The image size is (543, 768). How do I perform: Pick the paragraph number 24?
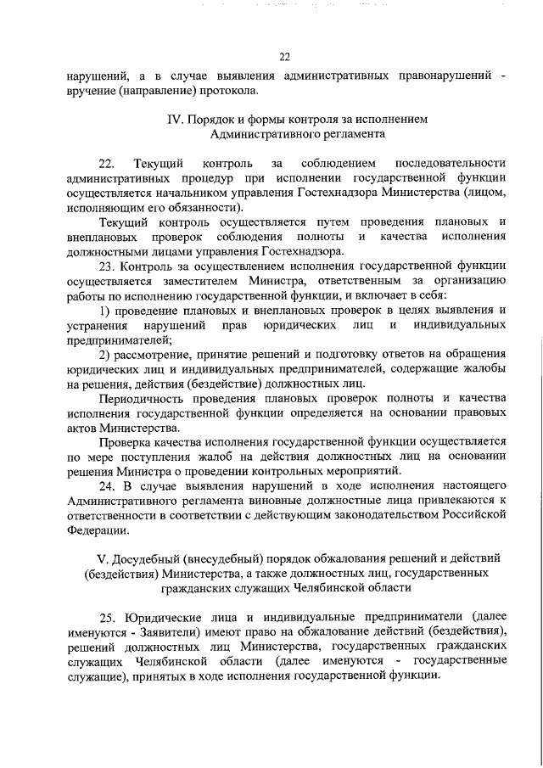tap(107, 485)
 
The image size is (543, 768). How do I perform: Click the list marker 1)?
tap(105, 312)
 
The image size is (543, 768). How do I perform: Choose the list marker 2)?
tap(105, 356)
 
